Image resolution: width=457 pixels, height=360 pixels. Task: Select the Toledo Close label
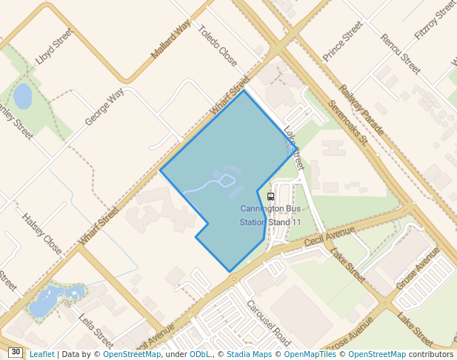coord(218,45)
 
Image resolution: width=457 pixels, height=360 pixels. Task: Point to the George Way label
coord(104,107)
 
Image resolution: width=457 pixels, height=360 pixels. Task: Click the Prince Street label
coord(342,41)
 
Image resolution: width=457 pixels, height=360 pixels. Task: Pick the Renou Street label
coord(400,54)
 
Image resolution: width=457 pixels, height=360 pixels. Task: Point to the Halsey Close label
coord(42,233)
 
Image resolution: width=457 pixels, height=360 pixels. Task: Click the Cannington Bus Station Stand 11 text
coord(270,215)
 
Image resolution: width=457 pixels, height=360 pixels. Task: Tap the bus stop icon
coord(270,196)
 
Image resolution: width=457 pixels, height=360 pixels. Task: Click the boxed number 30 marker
coord(16,353)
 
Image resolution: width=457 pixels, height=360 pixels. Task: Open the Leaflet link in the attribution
coord(41,354)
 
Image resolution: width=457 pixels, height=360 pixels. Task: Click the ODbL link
coord(200,354)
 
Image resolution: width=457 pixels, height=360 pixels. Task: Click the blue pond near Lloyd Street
coord(23,96)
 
